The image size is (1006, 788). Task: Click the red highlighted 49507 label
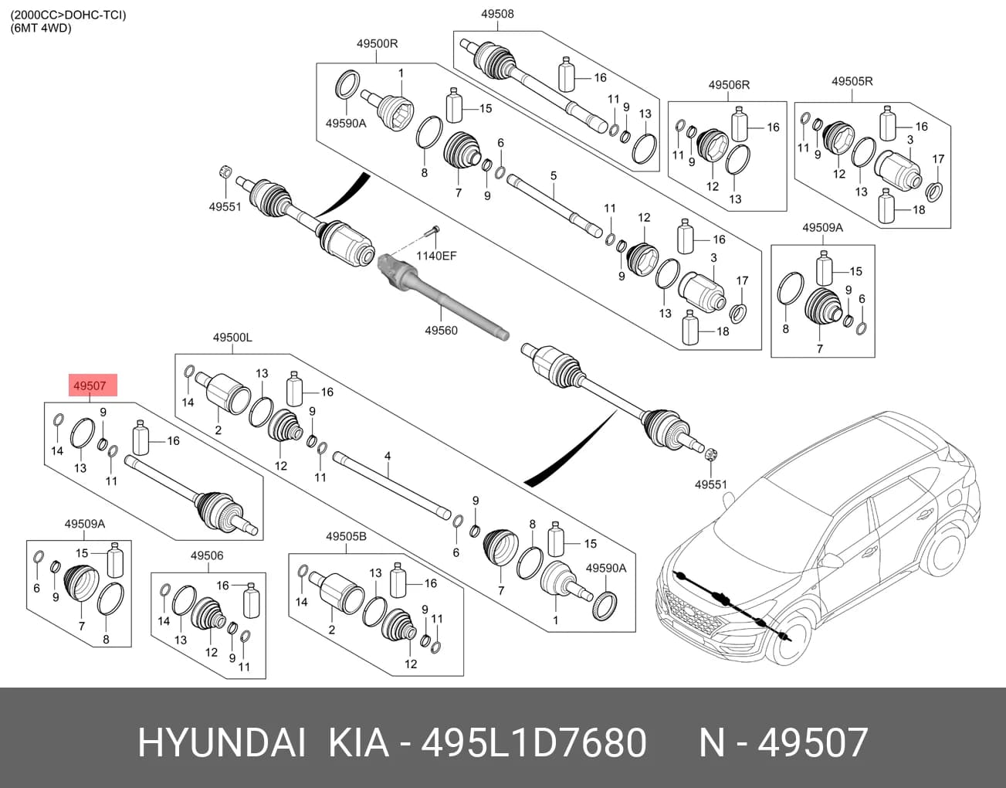click(x=93, y=386)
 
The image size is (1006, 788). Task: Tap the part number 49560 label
click(x=441, y=331)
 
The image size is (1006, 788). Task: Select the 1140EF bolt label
click(x=436, y=255)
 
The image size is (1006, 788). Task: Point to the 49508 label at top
click(x=497, y=14)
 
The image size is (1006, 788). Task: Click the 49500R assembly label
click(x=377, y=43)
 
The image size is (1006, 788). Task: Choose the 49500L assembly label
click(x=232, y=338)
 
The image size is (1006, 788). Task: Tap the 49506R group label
click(x=729, y=85)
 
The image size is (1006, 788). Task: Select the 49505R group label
click(x=852, y=81)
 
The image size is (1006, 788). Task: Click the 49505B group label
click(x=347, y=536)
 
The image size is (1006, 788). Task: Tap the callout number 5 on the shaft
click(x=554, y=175)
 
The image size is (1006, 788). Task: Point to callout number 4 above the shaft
click(x=388, y=456)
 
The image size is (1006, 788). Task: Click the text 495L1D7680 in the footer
click(x=533, y=742)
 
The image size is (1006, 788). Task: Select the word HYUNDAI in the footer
click(x=222, y=742)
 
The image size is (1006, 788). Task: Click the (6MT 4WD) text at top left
click(x=41, y=29)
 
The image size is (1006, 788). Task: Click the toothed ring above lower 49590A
click(x=605, y=606)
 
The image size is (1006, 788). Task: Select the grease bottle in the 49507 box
click(x=141, y=437)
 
